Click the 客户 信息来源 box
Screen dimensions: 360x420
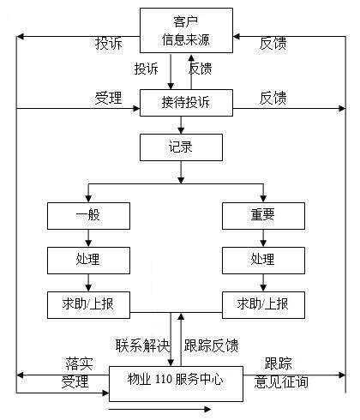pos(186,30)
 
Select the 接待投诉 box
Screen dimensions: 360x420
pos(186,103)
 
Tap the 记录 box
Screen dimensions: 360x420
pos(181,147)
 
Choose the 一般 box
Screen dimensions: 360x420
pos(88,216)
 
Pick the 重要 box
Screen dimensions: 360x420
pos(263,216)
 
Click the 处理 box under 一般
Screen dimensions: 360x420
pos(88,261)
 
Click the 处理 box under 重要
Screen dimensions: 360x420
pos(263,261)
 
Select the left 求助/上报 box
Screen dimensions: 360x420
pos(88,305)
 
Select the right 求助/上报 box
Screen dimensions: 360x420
pos(263,305)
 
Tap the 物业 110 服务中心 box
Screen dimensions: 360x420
pos(176,384)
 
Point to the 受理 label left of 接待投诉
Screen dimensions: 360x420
pos(109,98)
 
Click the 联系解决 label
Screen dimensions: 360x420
pos(142,345)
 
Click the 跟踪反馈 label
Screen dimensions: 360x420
pos(211,345)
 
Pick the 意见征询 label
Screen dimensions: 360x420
pos(281,382)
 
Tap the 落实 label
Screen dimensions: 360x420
pos(79,363)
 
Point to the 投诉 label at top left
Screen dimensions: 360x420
pos(109,44)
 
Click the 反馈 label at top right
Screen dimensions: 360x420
pos(273,44)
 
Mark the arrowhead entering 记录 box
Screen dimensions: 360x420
pos(181,130)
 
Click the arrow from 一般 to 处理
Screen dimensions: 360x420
pos(88,238)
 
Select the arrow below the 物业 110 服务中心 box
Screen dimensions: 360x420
pos(160,409)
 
